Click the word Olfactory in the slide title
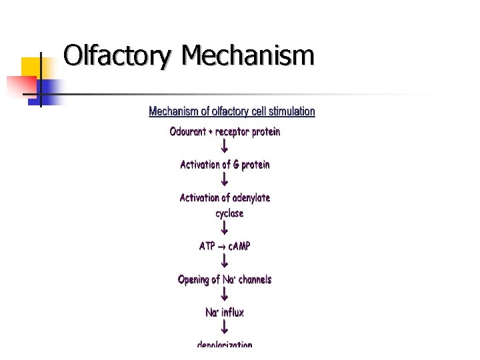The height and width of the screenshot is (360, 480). point(118,56)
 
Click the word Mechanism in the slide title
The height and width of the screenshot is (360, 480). point(247,56)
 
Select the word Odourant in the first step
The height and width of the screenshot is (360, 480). point(188,132)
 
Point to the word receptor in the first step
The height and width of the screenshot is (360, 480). point(233,132)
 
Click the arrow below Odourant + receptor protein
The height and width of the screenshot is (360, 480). point(225,146)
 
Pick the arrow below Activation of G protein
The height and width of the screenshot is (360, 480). point(225,179)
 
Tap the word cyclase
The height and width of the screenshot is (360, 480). point(229,214)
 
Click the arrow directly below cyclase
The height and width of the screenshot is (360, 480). point(225,228)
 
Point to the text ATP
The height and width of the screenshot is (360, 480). point(207,247)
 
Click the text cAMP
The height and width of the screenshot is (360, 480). point(239,247)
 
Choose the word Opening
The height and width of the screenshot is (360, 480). point(194,280)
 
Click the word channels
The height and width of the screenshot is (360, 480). point(255,280)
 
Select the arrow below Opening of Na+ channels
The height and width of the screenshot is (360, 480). point(225,294)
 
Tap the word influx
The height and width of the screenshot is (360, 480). point(233,313)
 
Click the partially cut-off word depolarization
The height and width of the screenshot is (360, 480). point(225,344)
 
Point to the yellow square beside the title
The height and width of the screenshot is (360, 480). point(32,67)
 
